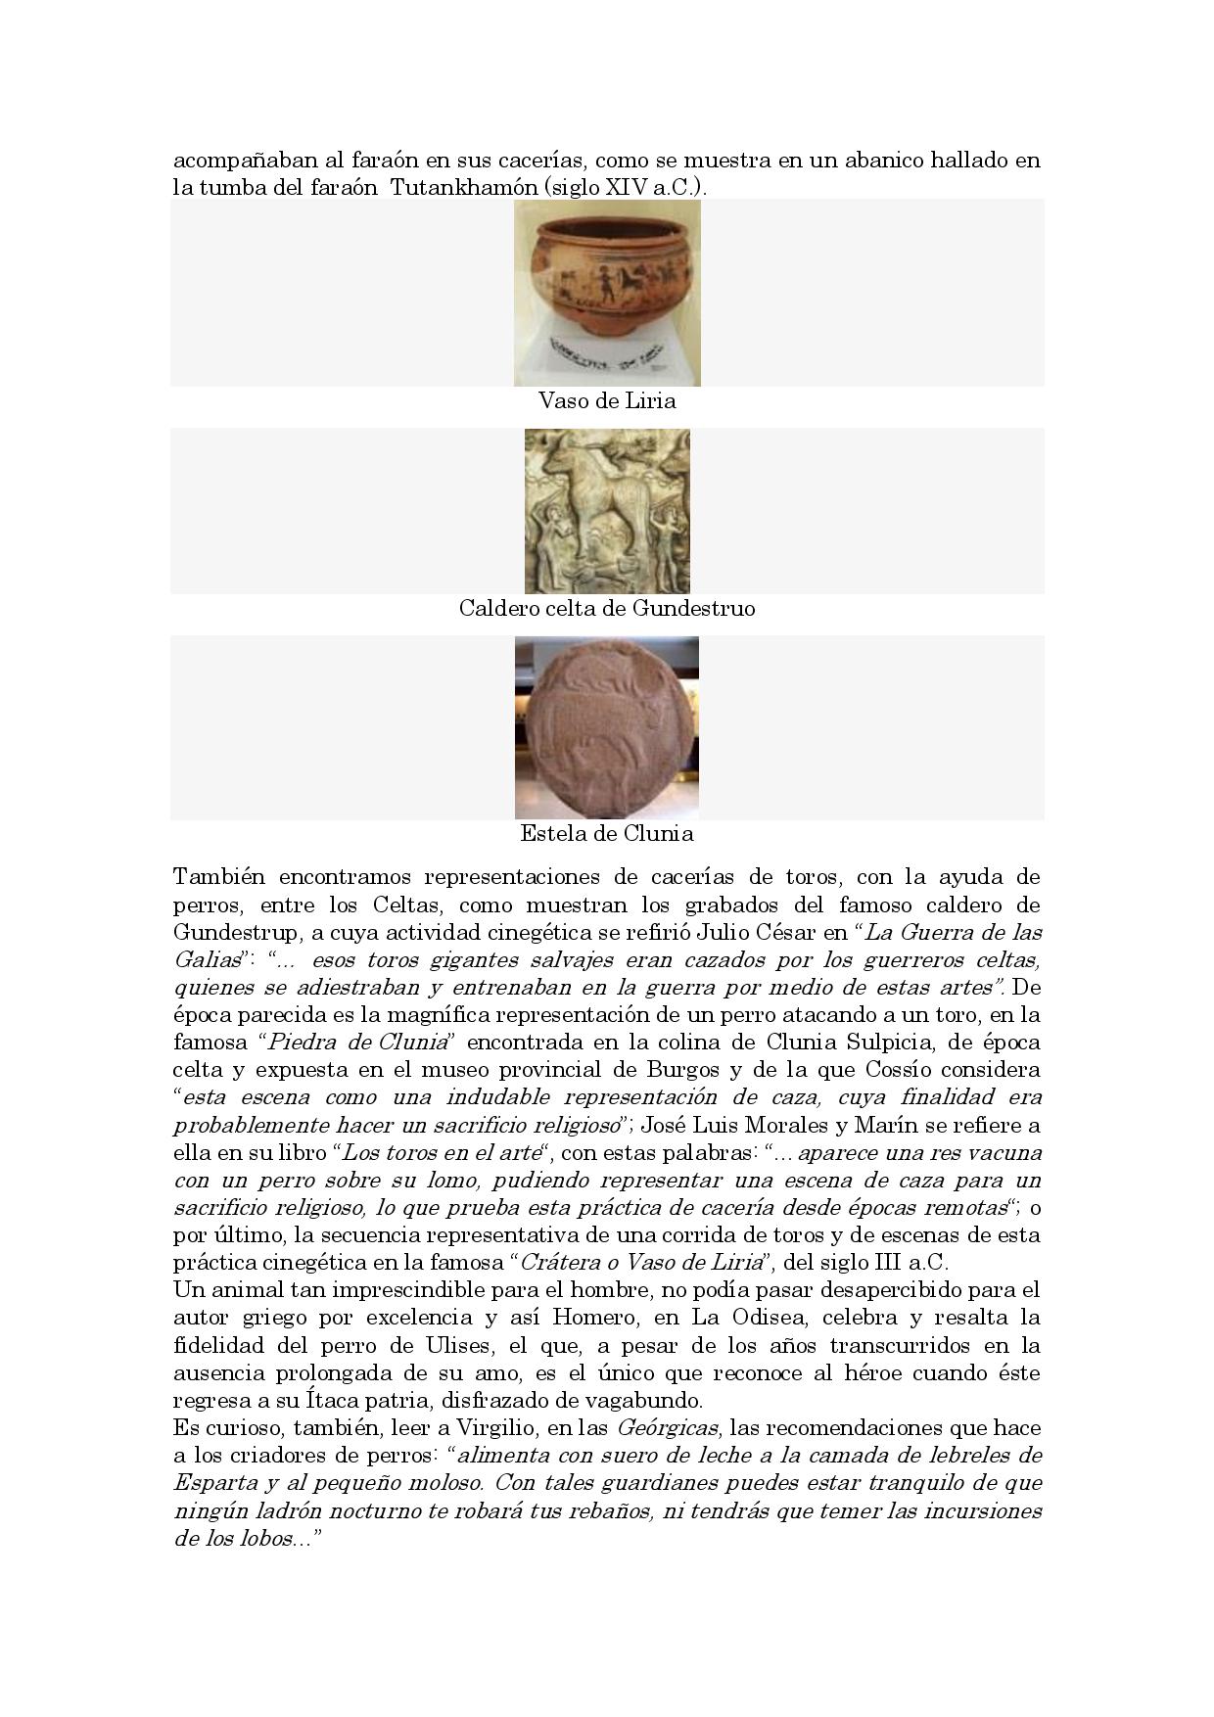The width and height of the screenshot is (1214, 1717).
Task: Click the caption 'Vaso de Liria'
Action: pos(607,401)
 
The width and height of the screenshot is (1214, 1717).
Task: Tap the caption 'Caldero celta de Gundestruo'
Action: pos(607,609)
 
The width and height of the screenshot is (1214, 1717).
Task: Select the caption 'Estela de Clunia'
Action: pos(607,834)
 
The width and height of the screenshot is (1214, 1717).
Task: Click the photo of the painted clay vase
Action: pos(607,293)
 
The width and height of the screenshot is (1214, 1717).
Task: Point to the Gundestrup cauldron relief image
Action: pos(607,511)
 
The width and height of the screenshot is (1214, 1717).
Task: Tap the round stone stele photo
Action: pos(607,727)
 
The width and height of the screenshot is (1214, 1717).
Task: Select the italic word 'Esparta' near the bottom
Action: pos(215,1483)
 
